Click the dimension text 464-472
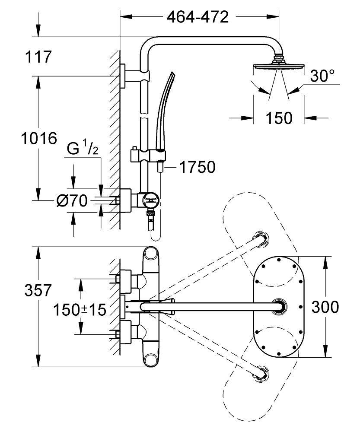(x=198, y=17)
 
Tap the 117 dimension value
(x=38, y=57)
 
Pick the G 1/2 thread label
(x=83, y=149)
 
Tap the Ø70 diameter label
(x=72, y=200)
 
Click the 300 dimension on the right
(x=325, y=307)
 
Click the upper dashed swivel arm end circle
(x=262, y=238)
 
